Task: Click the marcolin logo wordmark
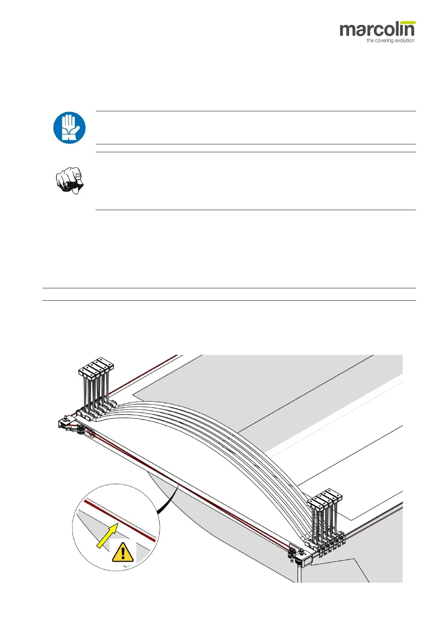377,30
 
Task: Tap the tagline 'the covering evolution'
390,41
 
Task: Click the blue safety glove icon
69,128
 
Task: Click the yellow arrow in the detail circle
106,536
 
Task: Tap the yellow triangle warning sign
123,553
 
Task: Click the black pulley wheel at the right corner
292,553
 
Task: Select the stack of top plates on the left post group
96,367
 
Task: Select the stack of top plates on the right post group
325,498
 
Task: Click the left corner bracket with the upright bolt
66,423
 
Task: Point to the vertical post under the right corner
299,573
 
